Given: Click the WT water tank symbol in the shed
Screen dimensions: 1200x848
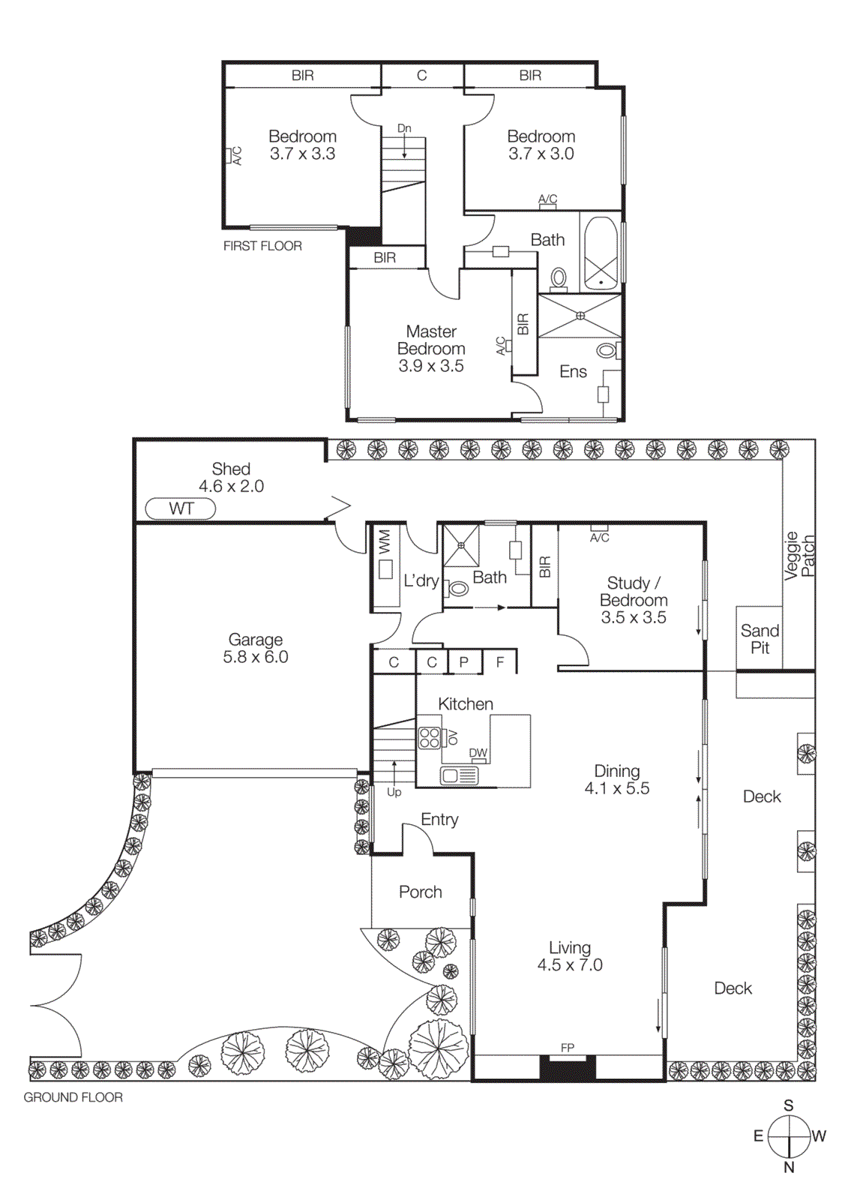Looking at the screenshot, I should pyautogui.click(x=181, y=509).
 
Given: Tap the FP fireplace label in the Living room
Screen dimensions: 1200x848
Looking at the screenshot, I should pyautogui.click(x=568, y=1048).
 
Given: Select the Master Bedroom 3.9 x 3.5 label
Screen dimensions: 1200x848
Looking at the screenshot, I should pyautogui.click(x=431, y=349).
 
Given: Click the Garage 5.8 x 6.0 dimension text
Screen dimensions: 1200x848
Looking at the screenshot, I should pyautogui.click(x=255, y=657).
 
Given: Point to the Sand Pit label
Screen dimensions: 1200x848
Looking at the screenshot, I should pyautogui.click(x=760, y=639).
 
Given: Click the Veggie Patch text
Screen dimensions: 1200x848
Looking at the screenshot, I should pyautogui.click(x=799, y=556).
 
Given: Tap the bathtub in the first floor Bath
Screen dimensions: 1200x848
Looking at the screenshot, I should pyautogui.click(x=600, y=253).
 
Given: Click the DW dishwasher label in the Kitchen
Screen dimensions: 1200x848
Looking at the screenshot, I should pyautogui.click(x=478, y=753).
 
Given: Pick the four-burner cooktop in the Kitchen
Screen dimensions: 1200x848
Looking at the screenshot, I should pyautogui.click(x=430, y=737).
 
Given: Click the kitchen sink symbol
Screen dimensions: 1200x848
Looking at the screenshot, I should pyautogui.click(x=459, y=775).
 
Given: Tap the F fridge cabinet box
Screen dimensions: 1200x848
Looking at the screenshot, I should pyautogui.click(x=500, y=662).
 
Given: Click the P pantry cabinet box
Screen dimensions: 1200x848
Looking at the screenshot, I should pyautogui.click(x=464, y=662).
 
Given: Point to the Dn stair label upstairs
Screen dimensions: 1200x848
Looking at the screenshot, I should pyautogui.click(x=404, y=128).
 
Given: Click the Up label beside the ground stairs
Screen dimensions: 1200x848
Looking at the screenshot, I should pyautogui.click(x=394, y=792).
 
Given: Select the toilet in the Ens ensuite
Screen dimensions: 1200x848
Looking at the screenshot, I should pyautogui.click(x=607, y=350).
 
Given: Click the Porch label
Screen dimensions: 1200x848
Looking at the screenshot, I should pyautogui.click(x=420, y=892).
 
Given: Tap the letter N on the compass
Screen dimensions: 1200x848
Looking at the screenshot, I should pyautogui.click(x=789, y=1167).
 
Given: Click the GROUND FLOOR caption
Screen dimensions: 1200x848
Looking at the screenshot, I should pyautogui.click(x=73, y=1097).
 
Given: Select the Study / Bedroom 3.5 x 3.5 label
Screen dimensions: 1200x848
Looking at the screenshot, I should pyautogui.click(x=634, y=600).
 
